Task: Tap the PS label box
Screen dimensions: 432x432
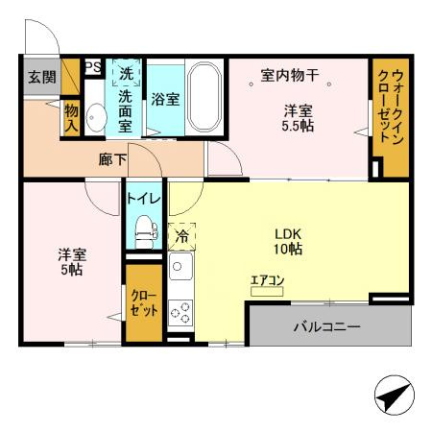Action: pos(93,67)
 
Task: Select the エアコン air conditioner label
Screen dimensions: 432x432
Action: pos(267,280)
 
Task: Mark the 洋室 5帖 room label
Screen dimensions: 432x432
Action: pos(72,261)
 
